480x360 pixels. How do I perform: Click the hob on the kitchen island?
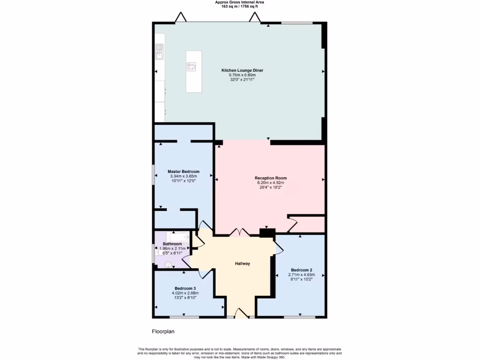tap(191, 67)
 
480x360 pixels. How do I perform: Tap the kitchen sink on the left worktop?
tap(159, 52)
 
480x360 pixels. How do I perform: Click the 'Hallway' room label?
tap(242, 263)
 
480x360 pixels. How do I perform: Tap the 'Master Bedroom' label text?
tap(183, 172)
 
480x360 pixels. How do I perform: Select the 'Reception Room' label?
tap(270, 178)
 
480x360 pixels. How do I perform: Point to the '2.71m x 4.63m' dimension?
tap(301, 275)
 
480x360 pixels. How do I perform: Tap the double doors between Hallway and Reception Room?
tap(239, 232)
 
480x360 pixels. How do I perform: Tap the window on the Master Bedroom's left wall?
tap(154, 174)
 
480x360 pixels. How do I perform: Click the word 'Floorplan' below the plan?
tap(163, 331)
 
